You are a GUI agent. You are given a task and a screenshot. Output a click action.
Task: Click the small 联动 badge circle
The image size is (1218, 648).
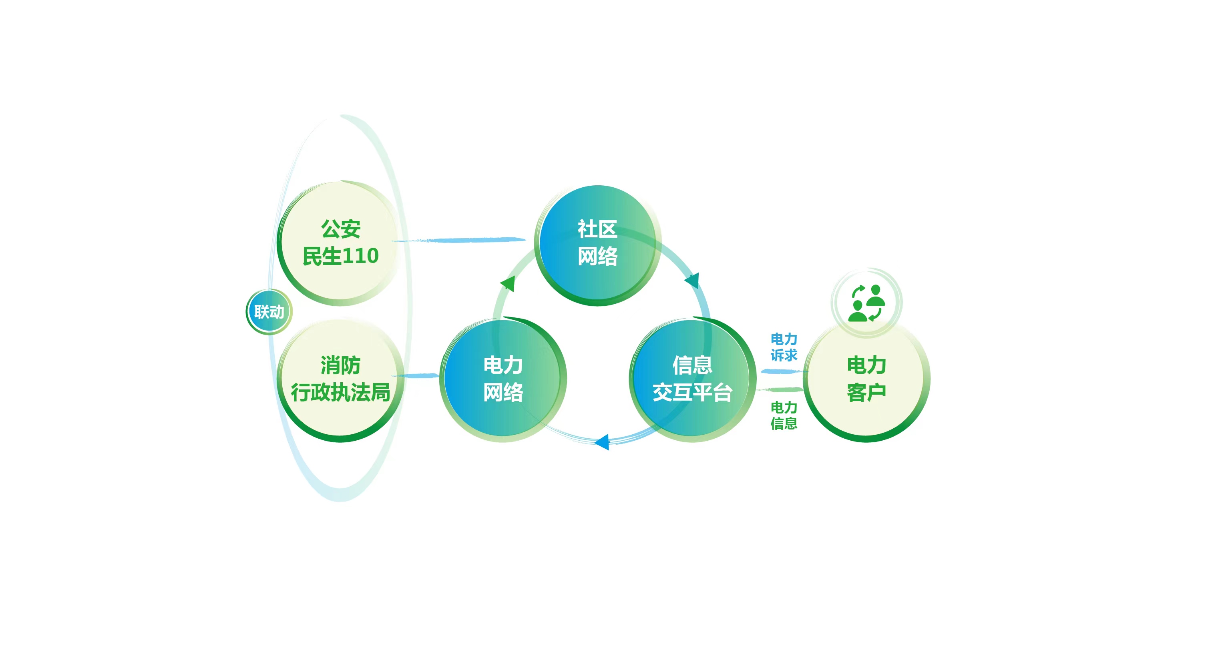pos(269,312)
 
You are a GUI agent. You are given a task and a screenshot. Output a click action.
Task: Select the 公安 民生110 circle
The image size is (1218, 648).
pos(340,243)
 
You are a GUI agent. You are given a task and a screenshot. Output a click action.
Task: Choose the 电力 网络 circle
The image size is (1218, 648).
pos(503,379)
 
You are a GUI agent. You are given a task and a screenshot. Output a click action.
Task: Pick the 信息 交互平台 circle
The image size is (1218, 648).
pos(693,379)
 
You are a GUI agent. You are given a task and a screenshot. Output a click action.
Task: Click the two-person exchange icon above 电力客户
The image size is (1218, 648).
pos(867,303)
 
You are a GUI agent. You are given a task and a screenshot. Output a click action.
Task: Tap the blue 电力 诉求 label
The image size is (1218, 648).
pos(784,347)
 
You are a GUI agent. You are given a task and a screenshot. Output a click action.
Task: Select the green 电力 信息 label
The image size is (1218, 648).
pos(784,415)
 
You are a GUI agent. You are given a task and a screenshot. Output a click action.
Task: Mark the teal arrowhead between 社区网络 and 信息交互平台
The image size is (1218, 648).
pos(692,280)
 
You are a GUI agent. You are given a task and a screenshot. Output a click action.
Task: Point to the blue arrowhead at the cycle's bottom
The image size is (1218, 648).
pos(602,442)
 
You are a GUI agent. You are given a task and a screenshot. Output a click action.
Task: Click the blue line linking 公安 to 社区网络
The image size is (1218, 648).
pos(458,240)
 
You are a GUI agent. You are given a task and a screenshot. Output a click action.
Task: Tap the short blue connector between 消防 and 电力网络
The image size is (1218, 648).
pos(415,376)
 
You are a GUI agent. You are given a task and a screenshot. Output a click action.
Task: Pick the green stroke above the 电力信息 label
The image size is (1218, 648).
pos(780,390)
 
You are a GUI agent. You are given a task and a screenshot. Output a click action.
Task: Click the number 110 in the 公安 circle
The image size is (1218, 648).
pos(360,256)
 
